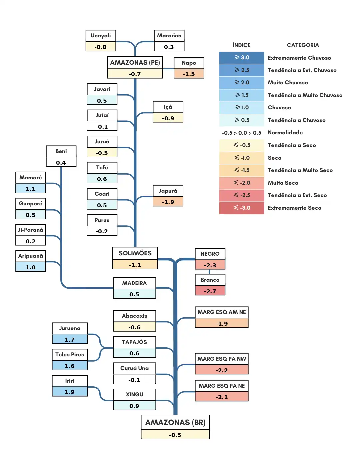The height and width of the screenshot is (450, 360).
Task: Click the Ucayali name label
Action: (x=101, y=36)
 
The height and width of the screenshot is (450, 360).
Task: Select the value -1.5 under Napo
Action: (x=189, y=74)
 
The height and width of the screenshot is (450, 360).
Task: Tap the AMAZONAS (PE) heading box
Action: (x=135, y=62)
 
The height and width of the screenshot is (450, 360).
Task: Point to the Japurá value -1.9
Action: (x=168, y=202)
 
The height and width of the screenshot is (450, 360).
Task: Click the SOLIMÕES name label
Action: (x=135, y=253)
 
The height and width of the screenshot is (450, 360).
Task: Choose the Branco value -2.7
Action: (x=210, y=291)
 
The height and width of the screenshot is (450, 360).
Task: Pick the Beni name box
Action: (x=61, y=151)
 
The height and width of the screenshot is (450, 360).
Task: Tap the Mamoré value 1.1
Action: (x=31, y=189)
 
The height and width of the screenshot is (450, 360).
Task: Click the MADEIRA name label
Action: (x=134, y=283)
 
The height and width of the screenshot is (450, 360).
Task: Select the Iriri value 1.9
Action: (x=70, y=392)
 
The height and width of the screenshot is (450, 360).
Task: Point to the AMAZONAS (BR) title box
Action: (x=175, y=422)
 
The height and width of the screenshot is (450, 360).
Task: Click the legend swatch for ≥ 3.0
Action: (x=242, y=58)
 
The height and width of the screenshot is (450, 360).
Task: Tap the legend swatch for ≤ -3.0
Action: (x=242, y=208)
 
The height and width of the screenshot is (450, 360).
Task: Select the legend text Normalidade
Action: (x=285, y=132)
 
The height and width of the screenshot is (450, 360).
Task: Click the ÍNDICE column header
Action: (x=242, y=45)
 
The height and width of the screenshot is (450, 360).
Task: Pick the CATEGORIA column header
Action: (x=303, y=45)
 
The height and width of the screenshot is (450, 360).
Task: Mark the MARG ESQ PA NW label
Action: (x=222, y=359)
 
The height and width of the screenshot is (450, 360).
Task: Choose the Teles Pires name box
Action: (x=70, y=354)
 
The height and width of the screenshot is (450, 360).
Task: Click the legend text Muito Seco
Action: (x=283, y=183)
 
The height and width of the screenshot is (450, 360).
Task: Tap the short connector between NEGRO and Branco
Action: (x=209, y=272)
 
